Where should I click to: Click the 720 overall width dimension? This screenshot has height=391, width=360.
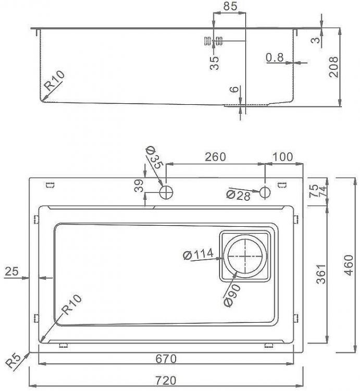tap(166, 381)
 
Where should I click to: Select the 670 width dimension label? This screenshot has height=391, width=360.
tap(166, 359)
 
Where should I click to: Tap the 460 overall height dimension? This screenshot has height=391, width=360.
tap(349, 265)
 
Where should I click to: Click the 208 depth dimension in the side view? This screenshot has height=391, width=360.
tap(333, 67)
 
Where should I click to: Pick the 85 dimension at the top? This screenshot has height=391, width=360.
tap(230, 6)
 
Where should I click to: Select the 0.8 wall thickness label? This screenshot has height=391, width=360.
tap(275, 57)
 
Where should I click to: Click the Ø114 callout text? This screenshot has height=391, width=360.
tap(198, 254)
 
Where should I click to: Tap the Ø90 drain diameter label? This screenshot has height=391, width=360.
tap(232, 296)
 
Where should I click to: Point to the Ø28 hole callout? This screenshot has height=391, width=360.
tap(239, 195)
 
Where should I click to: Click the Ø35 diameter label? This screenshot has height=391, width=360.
tap(154, 157)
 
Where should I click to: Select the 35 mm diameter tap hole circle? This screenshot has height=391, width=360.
tap(166, 192)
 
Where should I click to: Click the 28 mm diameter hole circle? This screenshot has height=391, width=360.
tap(265, 192)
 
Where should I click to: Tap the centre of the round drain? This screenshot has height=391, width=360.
tap(245, 256)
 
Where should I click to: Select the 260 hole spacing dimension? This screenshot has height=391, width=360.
tap(215, 157)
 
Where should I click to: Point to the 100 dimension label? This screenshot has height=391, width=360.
tap(283, 157)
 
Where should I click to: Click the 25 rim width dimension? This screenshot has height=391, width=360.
tap(11, 271)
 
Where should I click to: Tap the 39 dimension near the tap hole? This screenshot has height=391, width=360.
tap(139, 186)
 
